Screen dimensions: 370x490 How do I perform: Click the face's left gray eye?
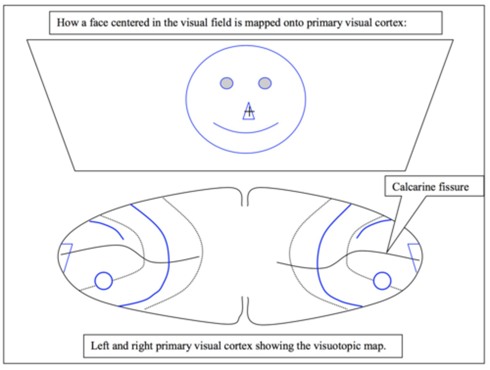coord(227,83)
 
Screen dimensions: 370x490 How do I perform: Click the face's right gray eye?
coord(265,83)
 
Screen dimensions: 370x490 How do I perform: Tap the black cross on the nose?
coord(249,111)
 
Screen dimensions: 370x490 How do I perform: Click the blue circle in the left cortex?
coord(103,281)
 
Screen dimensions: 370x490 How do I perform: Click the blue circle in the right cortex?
coord(382,281)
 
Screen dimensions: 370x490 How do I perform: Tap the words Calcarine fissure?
coord(430,187)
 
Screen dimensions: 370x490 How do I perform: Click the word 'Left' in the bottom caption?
coord(100,346)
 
